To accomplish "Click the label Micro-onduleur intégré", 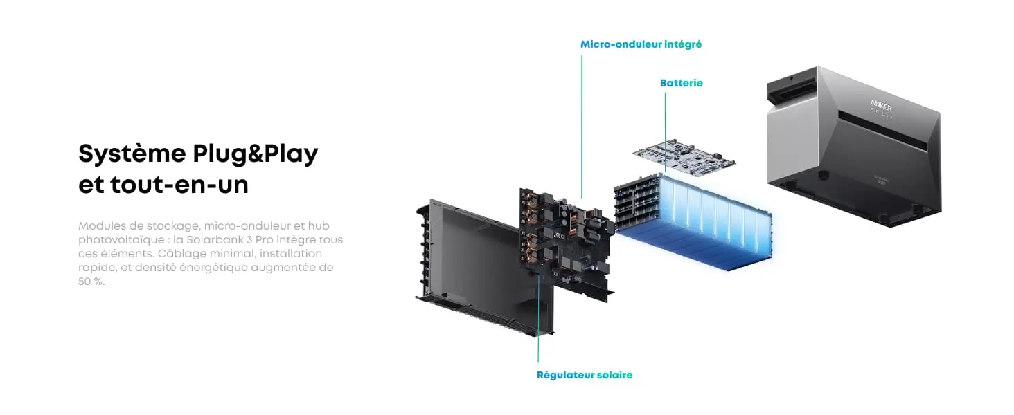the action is pyautogui.click(x=641, y=45).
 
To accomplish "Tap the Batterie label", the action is pyautogui.click(x=682, y=83).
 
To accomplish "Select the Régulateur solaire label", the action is pyautogui.click(x=585, y=375).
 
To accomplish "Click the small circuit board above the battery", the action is pyautogui.click(x=684, y=155).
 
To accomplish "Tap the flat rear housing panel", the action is pyautogui.click(x=484, y=268).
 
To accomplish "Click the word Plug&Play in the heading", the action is pyautogui.click(x=256, y=154).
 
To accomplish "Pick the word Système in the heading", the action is pyautogui.click(x=132, y=154).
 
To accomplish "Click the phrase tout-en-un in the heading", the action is pyautogui.click(x=179, y=185).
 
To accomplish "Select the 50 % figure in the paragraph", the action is pyautogui.click(x=91, y=282).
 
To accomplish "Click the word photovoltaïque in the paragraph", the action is pyautogui.click(x=121, y=239).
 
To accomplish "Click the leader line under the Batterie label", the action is pyautogui.click(x=665, y=133).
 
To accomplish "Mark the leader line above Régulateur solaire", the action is pyautogui.click(x=538, y=318).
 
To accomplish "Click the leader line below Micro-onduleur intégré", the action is pyautogui.click(x=582, y=127).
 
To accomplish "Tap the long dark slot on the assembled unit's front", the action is pyautogui.click(x=882, y=131).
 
